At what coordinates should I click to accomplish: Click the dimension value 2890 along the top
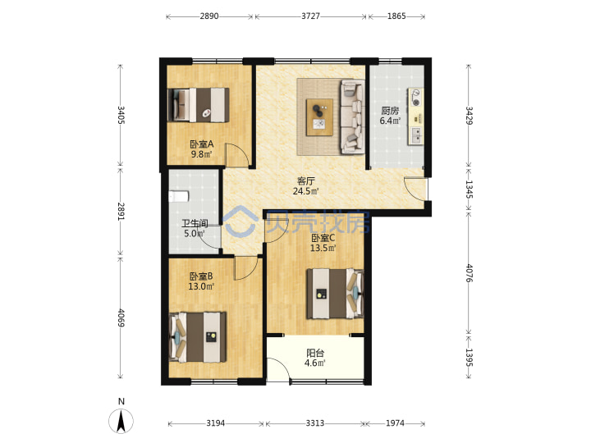coord(209,16)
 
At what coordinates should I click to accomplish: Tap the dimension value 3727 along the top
coord(310,16)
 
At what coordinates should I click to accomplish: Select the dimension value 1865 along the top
coord(396,16)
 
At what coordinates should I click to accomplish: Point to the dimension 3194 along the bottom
coord(216,423)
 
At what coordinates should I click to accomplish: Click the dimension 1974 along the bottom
coord(395,423)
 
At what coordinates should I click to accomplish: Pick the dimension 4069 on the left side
coord(121,318)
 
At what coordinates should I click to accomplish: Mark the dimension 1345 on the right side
coord(469,190)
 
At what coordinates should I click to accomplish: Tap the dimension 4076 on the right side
coord(469,273)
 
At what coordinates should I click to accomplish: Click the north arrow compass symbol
coord(121,420)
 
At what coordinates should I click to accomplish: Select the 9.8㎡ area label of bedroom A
coord(201,154)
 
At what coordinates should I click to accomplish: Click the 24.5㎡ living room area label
coord(305,191)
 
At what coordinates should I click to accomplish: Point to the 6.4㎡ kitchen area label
coord(390,121)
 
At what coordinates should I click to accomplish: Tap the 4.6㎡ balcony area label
coord(314,363)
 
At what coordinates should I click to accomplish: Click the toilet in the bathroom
coord(178,197)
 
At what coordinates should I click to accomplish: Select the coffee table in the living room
coord(319,117)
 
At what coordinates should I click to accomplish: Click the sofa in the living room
coord(352,116)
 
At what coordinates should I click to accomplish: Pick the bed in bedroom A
coord(199,105)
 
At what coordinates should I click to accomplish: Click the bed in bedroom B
coord(198,337)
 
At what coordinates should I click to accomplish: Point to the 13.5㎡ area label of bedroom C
coord(323,249)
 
